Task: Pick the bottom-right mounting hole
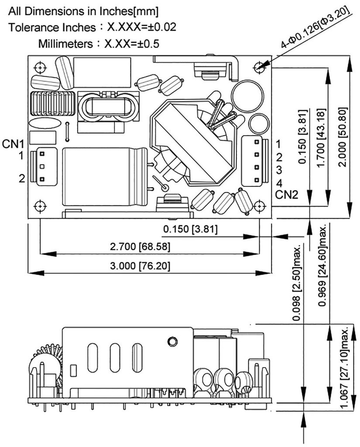(260, 205)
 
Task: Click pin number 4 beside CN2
(279, 182)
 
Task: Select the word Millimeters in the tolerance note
(65, 44)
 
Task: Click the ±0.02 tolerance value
(161, 27)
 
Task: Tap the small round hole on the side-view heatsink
(172, 341)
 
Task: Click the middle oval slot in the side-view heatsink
(115, 358)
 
